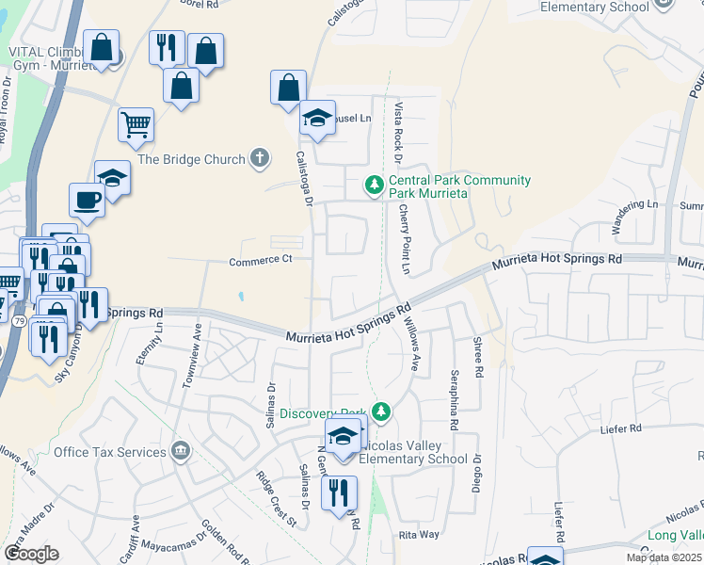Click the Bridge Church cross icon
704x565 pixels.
(x=261, y=159)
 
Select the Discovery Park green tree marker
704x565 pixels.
(x=380, y=412)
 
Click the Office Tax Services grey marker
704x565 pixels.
(x=181, y=452)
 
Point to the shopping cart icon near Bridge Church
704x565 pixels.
(x=136, y=125)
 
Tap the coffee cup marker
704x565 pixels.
(x=88, y=200)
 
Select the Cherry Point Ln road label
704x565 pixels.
(x=406, y=239)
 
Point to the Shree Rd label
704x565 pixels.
(x=478, y=359)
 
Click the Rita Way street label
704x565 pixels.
(x=420, y=534)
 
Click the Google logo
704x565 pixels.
(x=31, y=554)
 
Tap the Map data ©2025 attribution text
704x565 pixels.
(x=663, y=557)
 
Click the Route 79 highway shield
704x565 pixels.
(x=19, y=321)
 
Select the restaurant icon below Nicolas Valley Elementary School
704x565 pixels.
(x=339, y=492)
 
